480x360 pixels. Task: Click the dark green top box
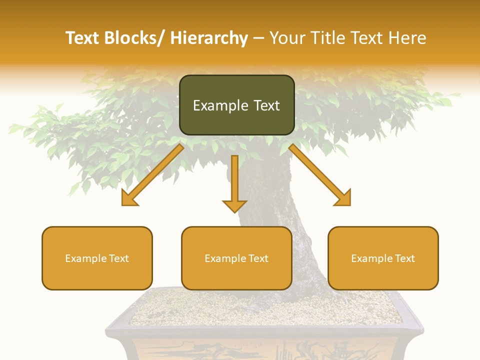(x=236, y=105)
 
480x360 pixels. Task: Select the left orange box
(x=97, y=258)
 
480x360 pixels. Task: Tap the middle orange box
(x=236, y=258)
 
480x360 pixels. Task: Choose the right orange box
(x=383, y=258)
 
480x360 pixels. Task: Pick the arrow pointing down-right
(x=320, y=175)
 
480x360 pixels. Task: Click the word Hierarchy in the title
(x=209, y=38)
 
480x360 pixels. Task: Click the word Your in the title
(x=287, y=38)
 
